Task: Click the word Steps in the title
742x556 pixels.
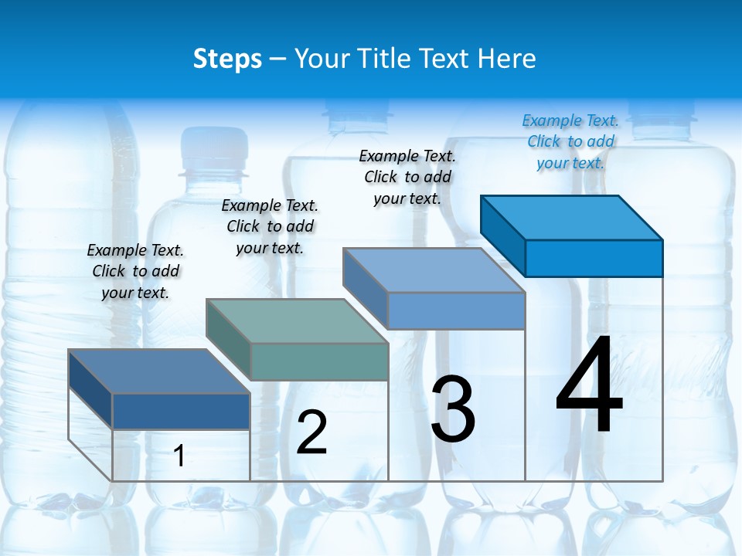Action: point(227,59)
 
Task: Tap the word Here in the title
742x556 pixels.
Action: point(507,59)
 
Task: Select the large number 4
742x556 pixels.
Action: point(589,386)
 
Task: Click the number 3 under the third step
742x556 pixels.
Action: point(453,409)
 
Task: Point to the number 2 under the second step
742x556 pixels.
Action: point(311,432)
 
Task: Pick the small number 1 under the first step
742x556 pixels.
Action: point(179,456)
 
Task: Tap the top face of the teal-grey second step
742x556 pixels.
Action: point(297,321)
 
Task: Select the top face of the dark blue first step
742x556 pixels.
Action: point(159,371)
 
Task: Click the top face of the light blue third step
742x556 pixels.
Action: point(434,270)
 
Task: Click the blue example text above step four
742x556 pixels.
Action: point(570,141)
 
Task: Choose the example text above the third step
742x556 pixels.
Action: point(407,177)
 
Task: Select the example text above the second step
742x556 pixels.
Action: point(270,226)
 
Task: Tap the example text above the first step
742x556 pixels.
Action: point(135,271)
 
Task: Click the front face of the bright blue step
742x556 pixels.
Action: point(594,258)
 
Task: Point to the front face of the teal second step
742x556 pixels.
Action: point(319,362)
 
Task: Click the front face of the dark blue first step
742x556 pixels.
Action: point(181,412)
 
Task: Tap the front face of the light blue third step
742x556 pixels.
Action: point(456,310)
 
